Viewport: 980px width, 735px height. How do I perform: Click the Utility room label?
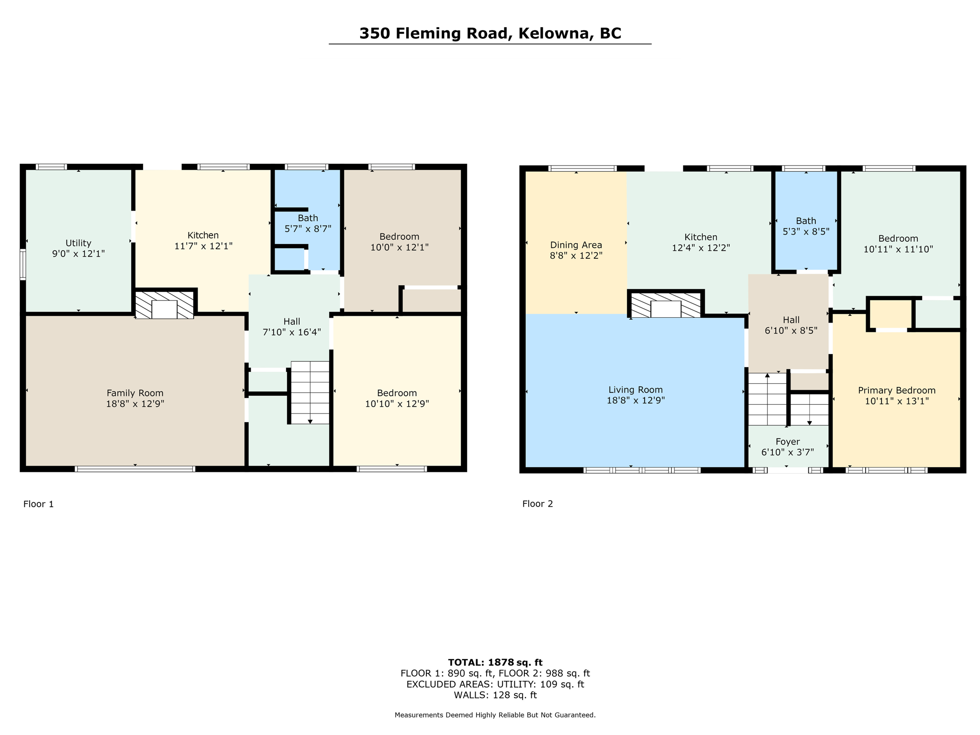(x=78, y=243)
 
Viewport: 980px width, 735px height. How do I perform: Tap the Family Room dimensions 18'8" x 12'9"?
(x=135, y=404)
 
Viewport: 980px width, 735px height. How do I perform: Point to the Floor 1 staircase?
(x=310, y=392)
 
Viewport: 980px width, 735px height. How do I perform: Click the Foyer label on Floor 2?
(x=787, y=442)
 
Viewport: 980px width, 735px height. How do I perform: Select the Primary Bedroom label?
(x=896, y=390)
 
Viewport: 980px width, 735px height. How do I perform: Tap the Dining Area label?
(x=576, y=245)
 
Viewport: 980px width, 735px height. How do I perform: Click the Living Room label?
(x=635, y=390)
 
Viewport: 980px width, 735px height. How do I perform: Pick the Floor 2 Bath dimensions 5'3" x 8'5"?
(x=806, y=232)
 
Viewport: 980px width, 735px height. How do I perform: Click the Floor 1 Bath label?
(x=308, y=218)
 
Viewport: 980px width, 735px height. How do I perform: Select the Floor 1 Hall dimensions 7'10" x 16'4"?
(x=291, y=332)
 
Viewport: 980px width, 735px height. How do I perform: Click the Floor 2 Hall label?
(x=791, y=320)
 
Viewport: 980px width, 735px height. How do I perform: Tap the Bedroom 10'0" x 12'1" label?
(x=399, y=236)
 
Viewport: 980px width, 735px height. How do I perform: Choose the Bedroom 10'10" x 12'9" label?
(x=397, y=393)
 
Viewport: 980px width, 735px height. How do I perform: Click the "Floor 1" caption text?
(x=38, y=504)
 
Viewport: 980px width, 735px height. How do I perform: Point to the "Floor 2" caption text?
(x=537, y=503)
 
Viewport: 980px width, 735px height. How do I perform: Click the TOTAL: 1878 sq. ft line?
(x=495, y=662)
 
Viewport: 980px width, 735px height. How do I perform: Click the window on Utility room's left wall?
(x=22, y=264)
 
